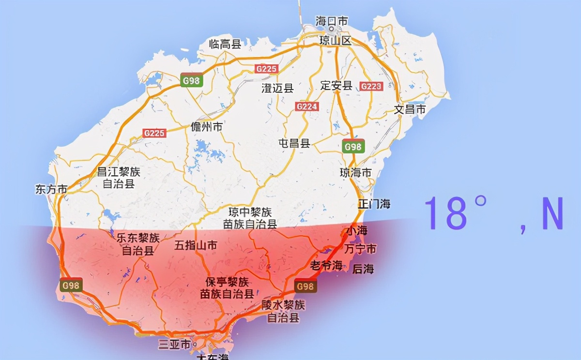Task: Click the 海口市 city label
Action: [x=332, y=22]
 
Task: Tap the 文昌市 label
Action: [x=410, y=109]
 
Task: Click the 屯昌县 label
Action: [x=294, y=143]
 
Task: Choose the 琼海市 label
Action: [x=355, y=173]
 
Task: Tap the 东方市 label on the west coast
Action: [x=51, y=189]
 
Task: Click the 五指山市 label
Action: [x=196, y=245]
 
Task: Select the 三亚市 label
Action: [x=175, y=345]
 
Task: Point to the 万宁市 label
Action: [x=360, y=249]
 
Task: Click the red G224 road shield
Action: [x=307, y=106]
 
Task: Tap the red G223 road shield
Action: [x=371, y=87]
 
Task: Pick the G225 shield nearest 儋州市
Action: [x=154, y=133]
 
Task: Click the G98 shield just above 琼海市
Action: [x=353, y=147]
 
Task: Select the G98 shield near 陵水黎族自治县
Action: [x=305, y=286]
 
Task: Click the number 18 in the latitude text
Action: [x=446, y=213]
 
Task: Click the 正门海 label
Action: [x=374, y=204]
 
